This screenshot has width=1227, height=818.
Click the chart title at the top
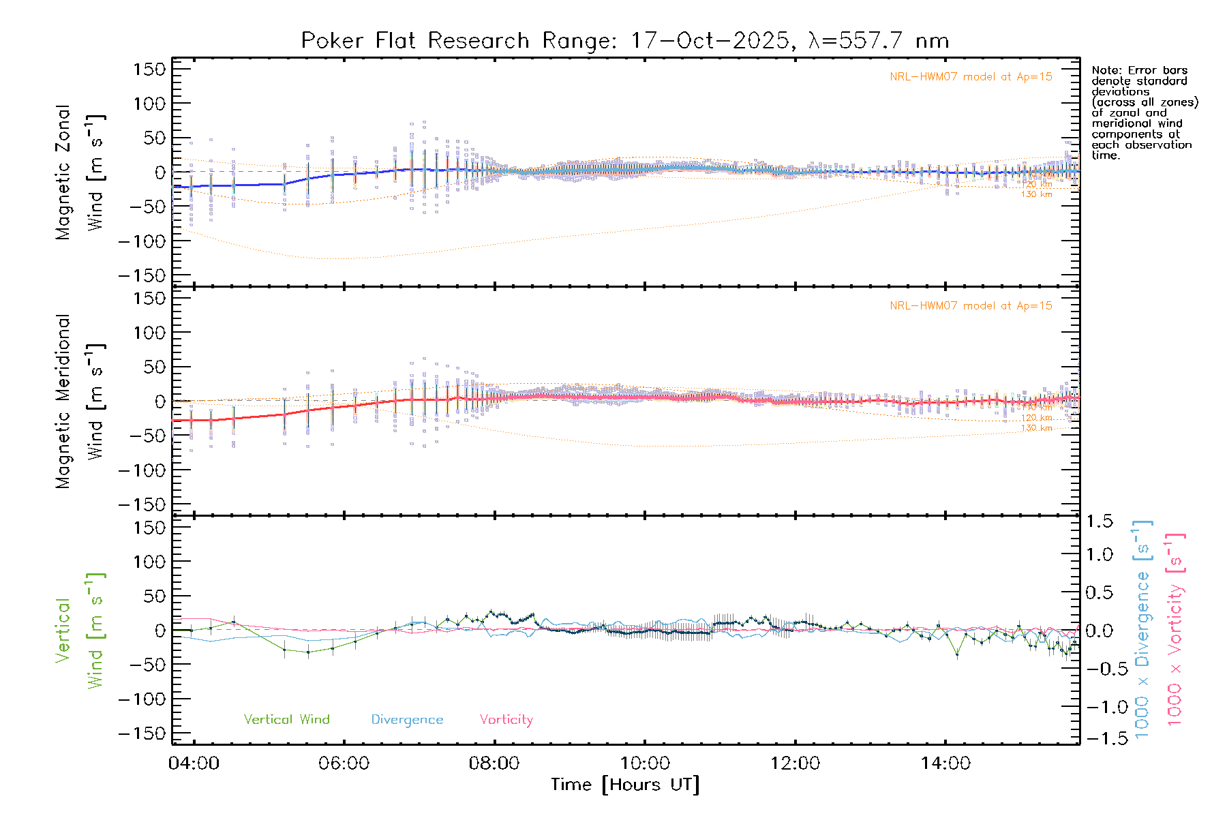[624, 41]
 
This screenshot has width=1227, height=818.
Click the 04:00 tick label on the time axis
[194, 763]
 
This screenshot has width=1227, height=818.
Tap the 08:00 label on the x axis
[494, 763]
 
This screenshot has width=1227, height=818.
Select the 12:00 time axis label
[795, 763]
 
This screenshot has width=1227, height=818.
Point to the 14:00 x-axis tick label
[945, 763]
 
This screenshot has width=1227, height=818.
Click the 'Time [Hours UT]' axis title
[624, 785]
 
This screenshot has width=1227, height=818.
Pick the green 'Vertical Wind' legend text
[286, 720]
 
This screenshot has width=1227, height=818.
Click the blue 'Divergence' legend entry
[407, 720]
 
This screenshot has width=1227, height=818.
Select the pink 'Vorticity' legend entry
[506, 720]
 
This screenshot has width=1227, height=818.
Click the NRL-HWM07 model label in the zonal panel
[971, 77]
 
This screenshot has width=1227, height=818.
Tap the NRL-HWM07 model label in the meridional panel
[971, 306]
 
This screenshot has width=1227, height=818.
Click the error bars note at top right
[1144, 112]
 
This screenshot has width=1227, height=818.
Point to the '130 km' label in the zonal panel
[1036, 195]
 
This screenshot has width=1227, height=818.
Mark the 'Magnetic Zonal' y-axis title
[63, 172]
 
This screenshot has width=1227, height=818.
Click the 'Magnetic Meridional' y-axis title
[63, 402]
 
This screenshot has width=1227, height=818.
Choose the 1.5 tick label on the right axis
[1099, 521]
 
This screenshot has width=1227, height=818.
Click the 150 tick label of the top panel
[149, 69]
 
